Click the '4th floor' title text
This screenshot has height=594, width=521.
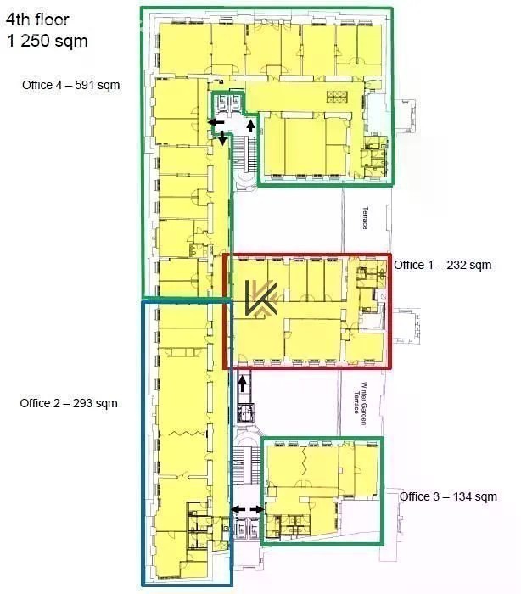tap(37, 20)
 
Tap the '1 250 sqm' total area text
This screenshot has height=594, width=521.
tap(47, 41)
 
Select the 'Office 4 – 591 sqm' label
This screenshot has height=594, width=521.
tap(71, 85)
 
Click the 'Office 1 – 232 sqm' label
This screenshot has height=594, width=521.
tap(443, 265)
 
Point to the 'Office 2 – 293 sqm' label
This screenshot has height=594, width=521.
tap(69, 403)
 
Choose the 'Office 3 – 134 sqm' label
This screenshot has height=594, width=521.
tap(448, 496)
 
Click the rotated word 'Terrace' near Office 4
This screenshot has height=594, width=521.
tap(365, 217)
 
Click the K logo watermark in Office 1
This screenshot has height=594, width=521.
tap(260, 298)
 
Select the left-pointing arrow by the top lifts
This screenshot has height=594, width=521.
tap(216, 122)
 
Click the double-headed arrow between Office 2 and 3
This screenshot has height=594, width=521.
tap(248, 509)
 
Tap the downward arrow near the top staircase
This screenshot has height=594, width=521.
tap(222, 137)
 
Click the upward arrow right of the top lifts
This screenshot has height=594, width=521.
tap(250, 125)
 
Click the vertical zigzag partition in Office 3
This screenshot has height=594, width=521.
tap(304, 460)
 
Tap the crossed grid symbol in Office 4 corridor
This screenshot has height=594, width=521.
tap(337, 96)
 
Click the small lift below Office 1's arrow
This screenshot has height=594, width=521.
tap(246, 413)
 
